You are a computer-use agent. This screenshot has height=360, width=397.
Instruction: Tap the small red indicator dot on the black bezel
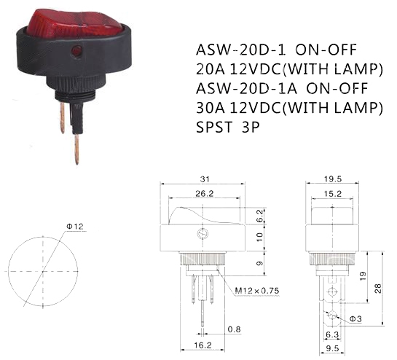click(x=76, y=50)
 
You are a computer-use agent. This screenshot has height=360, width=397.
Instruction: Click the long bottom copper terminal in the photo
click(x=76, y=149)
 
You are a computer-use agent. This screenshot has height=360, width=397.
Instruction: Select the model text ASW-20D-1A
click(x=247, y=88)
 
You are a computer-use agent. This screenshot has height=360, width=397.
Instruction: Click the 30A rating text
click(x=211, y=107)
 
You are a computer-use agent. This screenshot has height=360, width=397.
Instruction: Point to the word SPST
click(x=214, y=127)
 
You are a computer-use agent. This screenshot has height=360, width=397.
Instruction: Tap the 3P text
click(x=251, y=127)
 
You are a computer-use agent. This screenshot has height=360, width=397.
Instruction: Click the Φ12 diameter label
click(x=75, y=226)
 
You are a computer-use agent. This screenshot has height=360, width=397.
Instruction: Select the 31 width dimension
click(x=205, y=179)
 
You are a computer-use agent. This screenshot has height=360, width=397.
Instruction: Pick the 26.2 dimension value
click(x=205, y=194)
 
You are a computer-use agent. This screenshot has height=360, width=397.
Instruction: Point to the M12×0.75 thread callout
click(x=256, y=291)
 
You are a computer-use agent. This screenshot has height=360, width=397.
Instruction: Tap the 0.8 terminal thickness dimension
click(x=234, y=329)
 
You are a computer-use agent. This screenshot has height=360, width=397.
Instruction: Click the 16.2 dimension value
click(x=203, y=345)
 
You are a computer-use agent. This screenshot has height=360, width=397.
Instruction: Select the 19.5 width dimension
click(x=333, y=179)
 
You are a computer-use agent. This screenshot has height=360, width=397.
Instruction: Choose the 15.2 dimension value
click(x=333, y=194)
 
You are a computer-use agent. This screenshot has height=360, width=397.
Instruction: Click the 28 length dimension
click(x=378, y=289)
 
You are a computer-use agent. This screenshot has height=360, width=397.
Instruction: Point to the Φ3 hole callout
click(x=355, y=319)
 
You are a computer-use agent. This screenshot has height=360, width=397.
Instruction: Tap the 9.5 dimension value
click(x=332, y=348)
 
